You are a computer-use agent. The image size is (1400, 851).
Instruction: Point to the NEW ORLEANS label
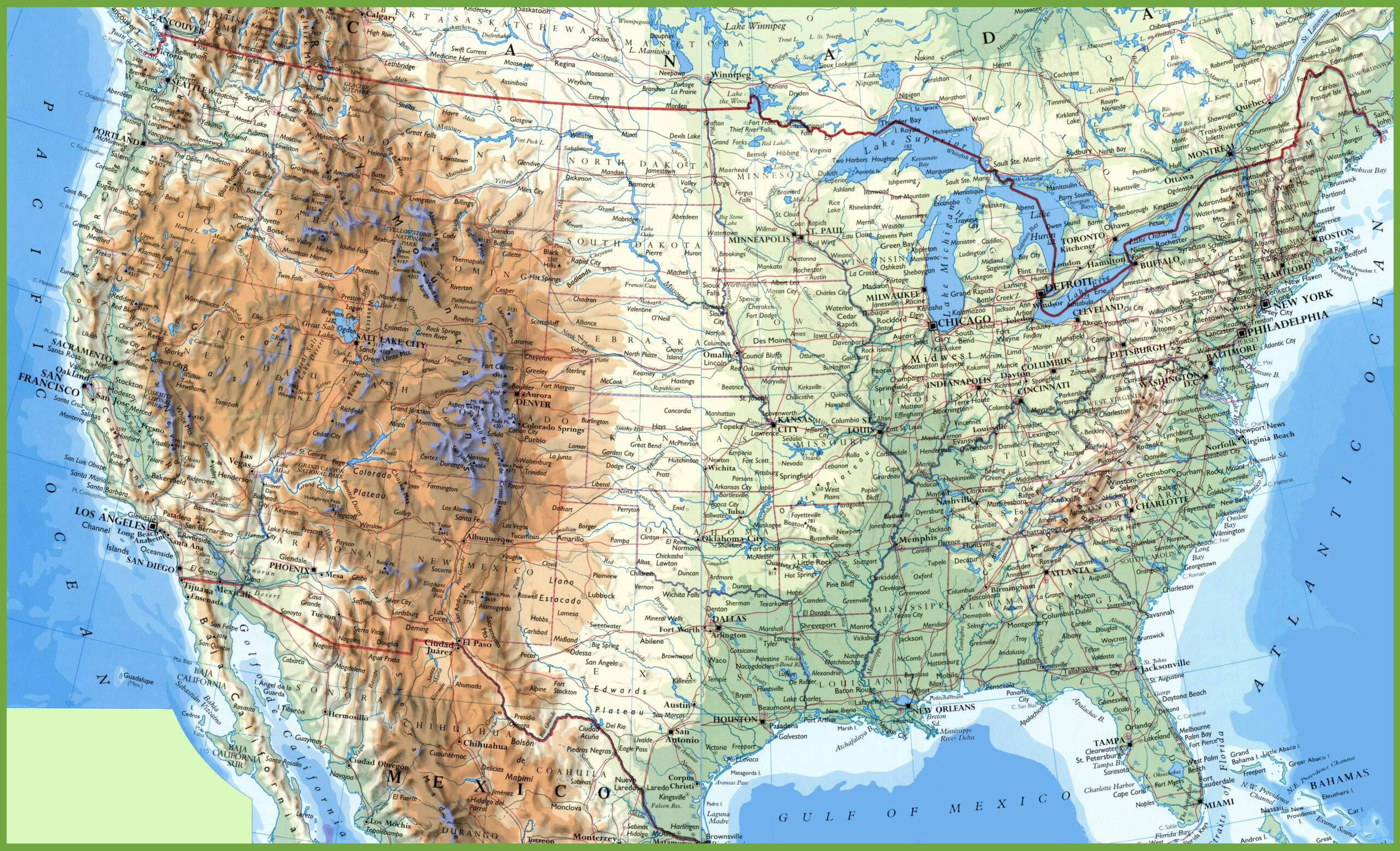tap(944, 708)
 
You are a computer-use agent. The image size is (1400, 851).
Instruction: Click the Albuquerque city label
tap(491, 539)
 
